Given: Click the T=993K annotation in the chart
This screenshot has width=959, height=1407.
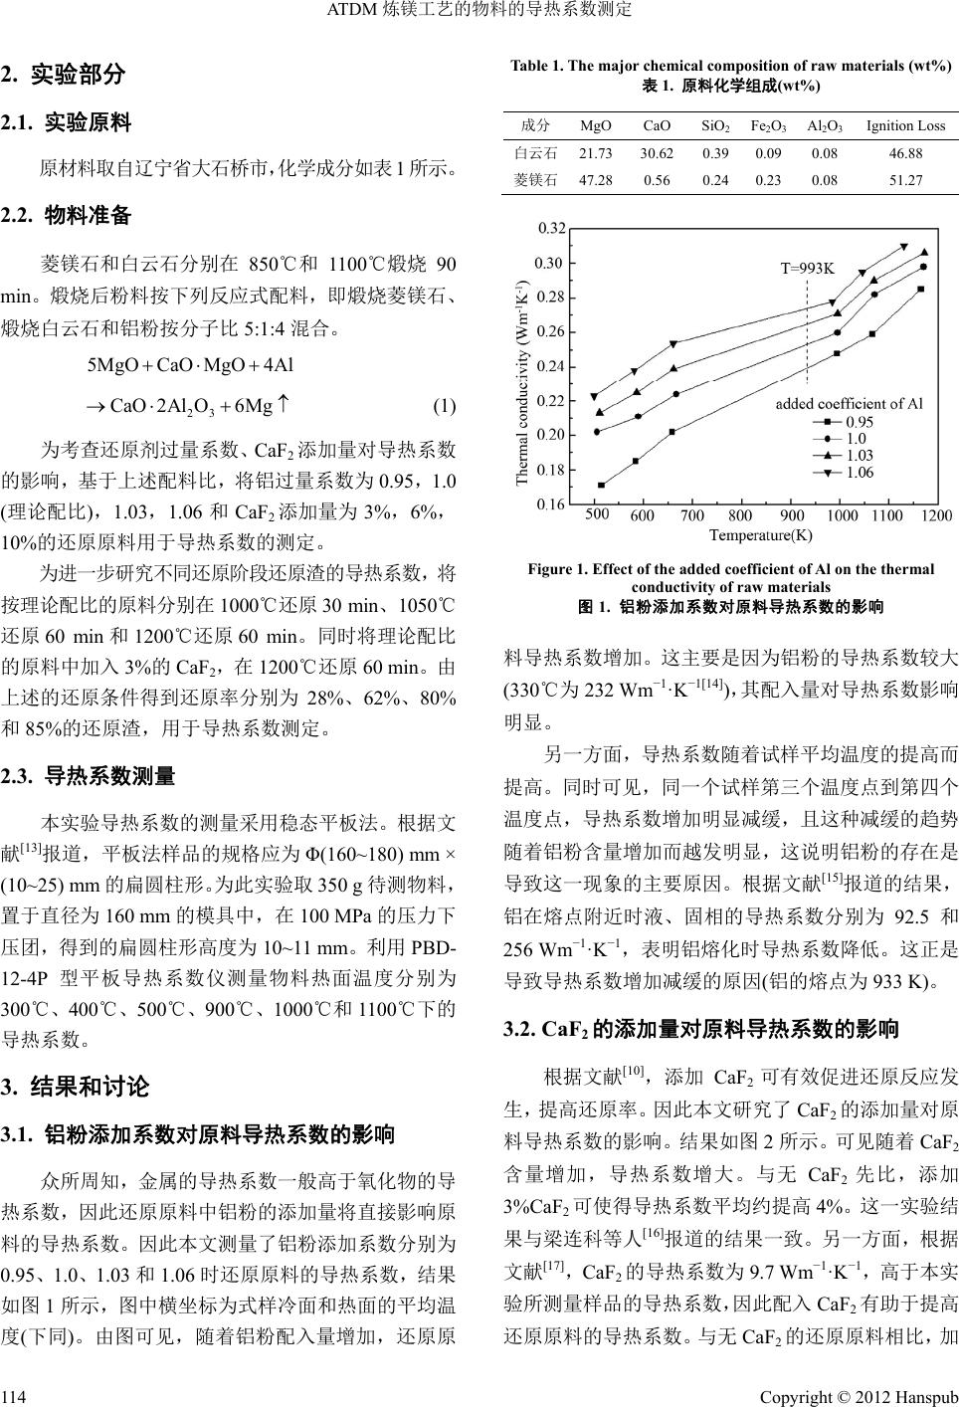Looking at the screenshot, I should coord(807,268).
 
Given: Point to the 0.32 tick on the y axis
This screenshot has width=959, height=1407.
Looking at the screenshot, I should coord(551,229).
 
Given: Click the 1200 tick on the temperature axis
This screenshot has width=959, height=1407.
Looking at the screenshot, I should coord(935,515).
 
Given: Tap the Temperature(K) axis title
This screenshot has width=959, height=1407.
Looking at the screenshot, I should coord(760,535).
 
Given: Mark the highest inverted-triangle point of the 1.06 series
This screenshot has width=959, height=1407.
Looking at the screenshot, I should coord(904,247).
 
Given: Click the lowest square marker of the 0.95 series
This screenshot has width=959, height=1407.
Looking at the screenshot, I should coord(602,486).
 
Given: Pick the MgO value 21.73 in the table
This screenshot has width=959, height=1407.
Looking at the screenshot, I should coord(595,153).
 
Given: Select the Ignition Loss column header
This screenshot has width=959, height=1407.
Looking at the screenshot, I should coord(905,125).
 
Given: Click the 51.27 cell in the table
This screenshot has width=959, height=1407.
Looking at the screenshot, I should coord(905,180).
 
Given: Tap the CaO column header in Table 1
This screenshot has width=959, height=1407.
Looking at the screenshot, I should coord(657,125).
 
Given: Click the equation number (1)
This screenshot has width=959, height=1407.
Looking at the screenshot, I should coord(445,405).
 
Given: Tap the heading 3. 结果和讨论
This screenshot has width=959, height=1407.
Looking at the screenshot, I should coord(76,1086).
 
